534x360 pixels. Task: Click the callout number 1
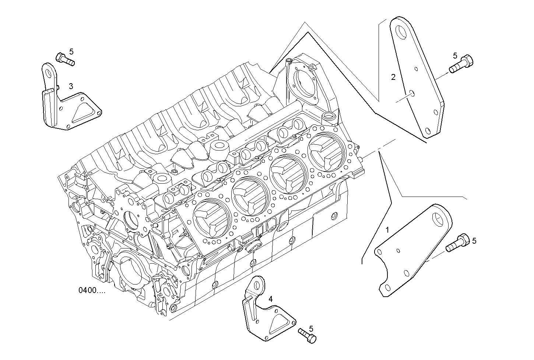(x=387, y=230)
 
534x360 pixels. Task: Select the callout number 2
(x=393, y=77)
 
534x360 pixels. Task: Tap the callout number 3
(x=71, y=86)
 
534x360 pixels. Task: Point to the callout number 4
(x=271, y=299)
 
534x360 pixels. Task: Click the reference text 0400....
(x=92, y=290)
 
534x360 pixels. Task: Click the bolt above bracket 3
(x=65, y=59)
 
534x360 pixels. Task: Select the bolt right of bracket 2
(x=461, y=64)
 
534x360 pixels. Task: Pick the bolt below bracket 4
(x=307, y=336)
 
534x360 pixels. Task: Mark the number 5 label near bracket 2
(x=455, y=56)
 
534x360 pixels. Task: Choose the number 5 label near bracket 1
(x=474, y=241)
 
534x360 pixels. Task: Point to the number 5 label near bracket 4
(x=311, y=328)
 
